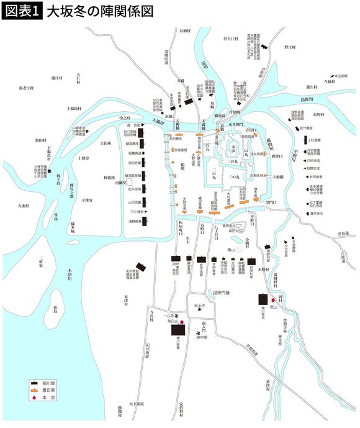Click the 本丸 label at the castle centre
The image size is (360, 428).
pos(232,147)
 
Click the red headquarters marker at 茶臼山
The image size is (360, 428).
pos(182,322)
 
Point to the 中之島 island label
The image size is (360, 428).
pos(126,116)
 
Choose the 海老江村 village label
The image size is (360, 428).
pos(29,88)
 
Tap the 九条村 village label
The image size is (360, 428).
pos(24,206)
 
